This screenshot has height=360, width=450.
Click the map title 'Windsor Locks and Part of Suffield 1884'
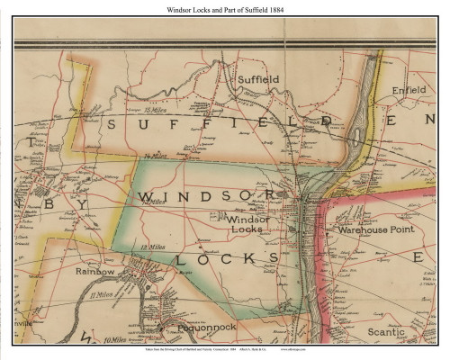[224, 9]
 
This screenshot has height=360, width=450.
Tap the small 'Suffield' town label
[258, 79]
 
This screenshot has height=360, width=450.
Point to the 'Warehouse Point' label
[373, 230]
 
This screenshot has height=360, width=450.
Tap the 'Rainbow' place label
[95, 271]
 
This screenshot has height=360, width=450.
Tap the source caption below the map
[224, 352]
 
